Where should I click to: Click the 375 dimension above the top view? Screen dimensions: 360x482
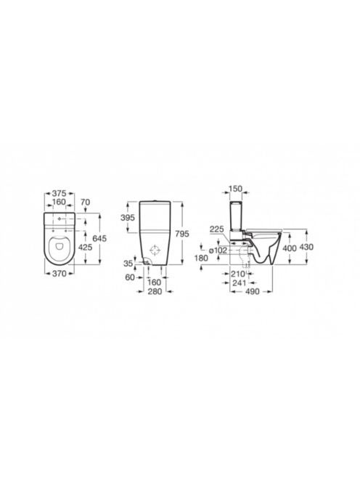(x=59, y=193)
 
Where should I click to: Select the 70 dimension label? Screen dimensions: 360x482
(x=85, y=202)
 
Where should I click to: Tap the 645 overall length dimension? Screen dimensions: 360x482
(x=99, y=238)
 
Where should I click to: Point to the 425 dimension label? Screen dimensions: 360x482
(x=85, y=247)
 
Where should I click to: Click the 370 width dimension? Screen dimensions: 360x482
(x=59, y=273)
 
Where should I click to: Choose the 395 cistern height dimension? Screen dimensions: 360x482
(x=128, y=218)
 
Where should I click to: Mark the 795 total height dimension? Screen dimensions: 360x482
(x=181, y=234)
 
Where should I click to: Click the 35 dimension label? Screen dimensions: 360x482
(x=128, y=264)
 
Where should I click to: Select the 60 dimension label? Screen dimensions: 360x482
(x=130, y=277)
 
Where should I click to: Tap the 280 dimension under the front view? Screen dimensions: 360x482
(x=155, y=291)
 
